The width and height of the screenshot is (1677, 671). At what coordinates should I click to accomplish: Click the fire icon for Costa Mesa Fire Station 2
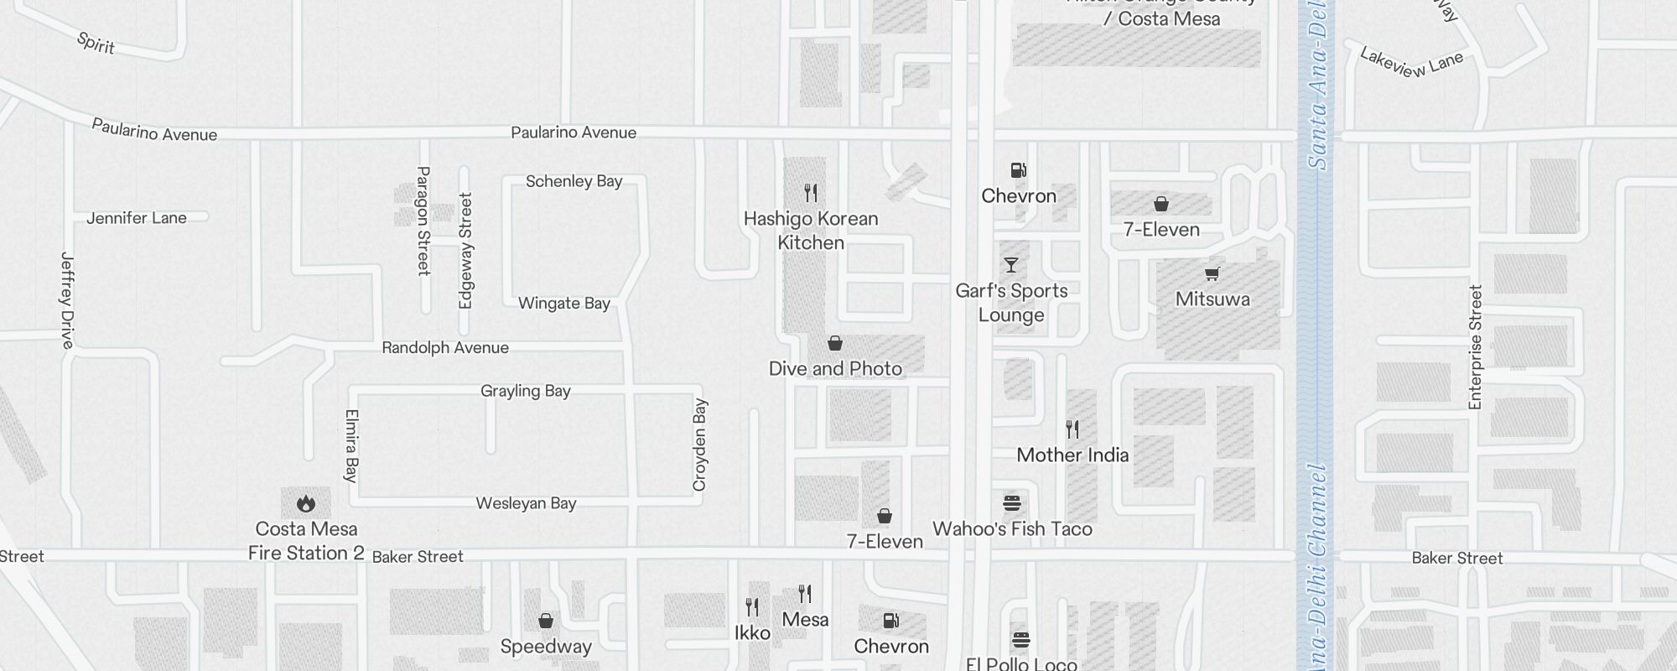pyautogui.click(x=306, y=503)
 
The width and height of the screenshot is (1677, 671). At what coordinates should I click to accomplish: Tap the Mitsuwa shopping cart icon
pyautogui.click(x=1212, y=273)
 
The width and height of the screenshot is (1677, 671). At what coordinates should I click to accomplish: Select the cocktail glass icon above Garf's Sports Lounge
pyautogui.click(x=1011, y=265)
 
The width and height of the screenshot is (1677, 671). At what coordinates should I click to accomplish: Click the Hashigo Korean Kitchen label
pyautogui.click(x=811, y=231)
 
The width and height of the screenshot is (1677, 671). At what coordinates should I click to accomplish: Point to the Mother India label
pyautogui.click(x=1072, y=455)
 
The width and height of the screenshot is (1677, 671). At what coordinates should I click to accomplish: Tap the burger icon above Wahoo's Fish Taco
pyautogui.click(x=1012, y=503)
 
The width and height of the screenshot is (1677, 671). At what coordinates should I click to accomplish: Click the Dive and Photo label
pyautogui.click(x=835, y=369)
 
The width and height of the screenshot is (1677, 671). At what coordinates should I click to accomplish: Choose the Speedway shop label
pyautogui.click(x=546, y=647)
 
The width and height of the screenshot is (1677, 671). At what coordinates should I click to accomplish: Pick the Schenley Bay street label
pyautogui.click(x=574, y=181)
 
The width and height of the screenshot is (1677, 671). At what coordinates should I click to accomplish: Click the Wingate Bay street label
pyautogui.click(x=563, y=303)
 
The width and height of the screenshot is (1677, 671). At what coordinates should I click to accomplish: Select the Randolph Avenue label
pyautogui.click(x=445, y=348)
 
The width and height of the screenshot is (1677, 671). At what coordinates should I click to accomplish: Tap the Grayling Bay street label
pyautogui.click(x=525, y=391)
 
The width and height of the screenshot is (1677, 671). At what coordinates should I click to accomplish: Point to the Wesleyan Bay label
pyautogui.click(x=526, y=503)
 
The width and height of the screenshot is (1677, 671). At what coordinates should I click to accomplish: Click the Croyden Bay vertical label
pyautogui.click(x=700, y=445)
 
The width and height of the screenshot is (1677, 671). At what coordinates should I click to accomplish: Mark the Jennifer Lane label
pyautogui.click(x=137, y=218)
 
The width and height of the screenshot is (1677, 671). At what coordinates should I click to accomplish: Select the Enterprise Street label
pyautogui.click(x=1476, y=347)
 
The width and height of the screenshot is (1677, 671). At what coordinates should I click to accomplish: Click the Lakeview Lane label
pyautogui.click(x=1411, y=63)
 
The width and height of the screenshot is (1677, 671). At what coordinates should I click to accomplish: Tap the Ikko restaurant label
pyautogui.click(x=752, y=633)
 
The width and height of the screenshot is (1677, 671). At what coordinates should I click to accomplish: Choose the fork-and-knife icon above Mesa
pyautogui.click(x=805, y=594)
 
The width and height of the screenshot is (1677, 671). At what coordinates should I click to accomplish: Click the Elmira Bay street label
pyautogui.click(x=351, y=445)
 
